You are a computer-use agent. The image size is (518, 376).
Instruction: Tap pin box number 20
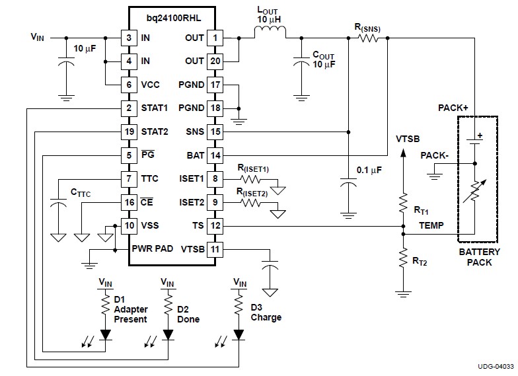pos(215,61)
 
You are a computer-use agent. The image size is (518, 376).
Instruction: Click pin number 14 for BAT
pos(215,155)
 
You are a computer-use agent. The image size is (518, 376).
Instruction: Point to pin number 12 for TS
pos(215,225)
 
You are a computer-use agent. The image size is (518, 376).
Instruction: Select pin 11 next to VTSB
pos(215,249)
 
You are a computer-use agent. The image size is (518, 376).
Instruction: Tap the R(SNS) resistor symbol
pos(368,38)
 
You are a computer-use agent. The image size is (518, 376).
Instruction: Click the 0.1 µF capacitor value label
pos(369,170)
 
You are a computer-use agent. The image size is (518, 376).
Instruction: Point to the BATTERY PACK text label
pos(474,257)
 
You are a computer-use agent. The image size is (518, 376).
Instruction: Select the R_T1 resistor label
pos(421,211)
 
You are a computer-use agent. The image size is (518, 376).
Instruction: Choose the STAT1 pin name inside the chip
pos(155,108)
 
